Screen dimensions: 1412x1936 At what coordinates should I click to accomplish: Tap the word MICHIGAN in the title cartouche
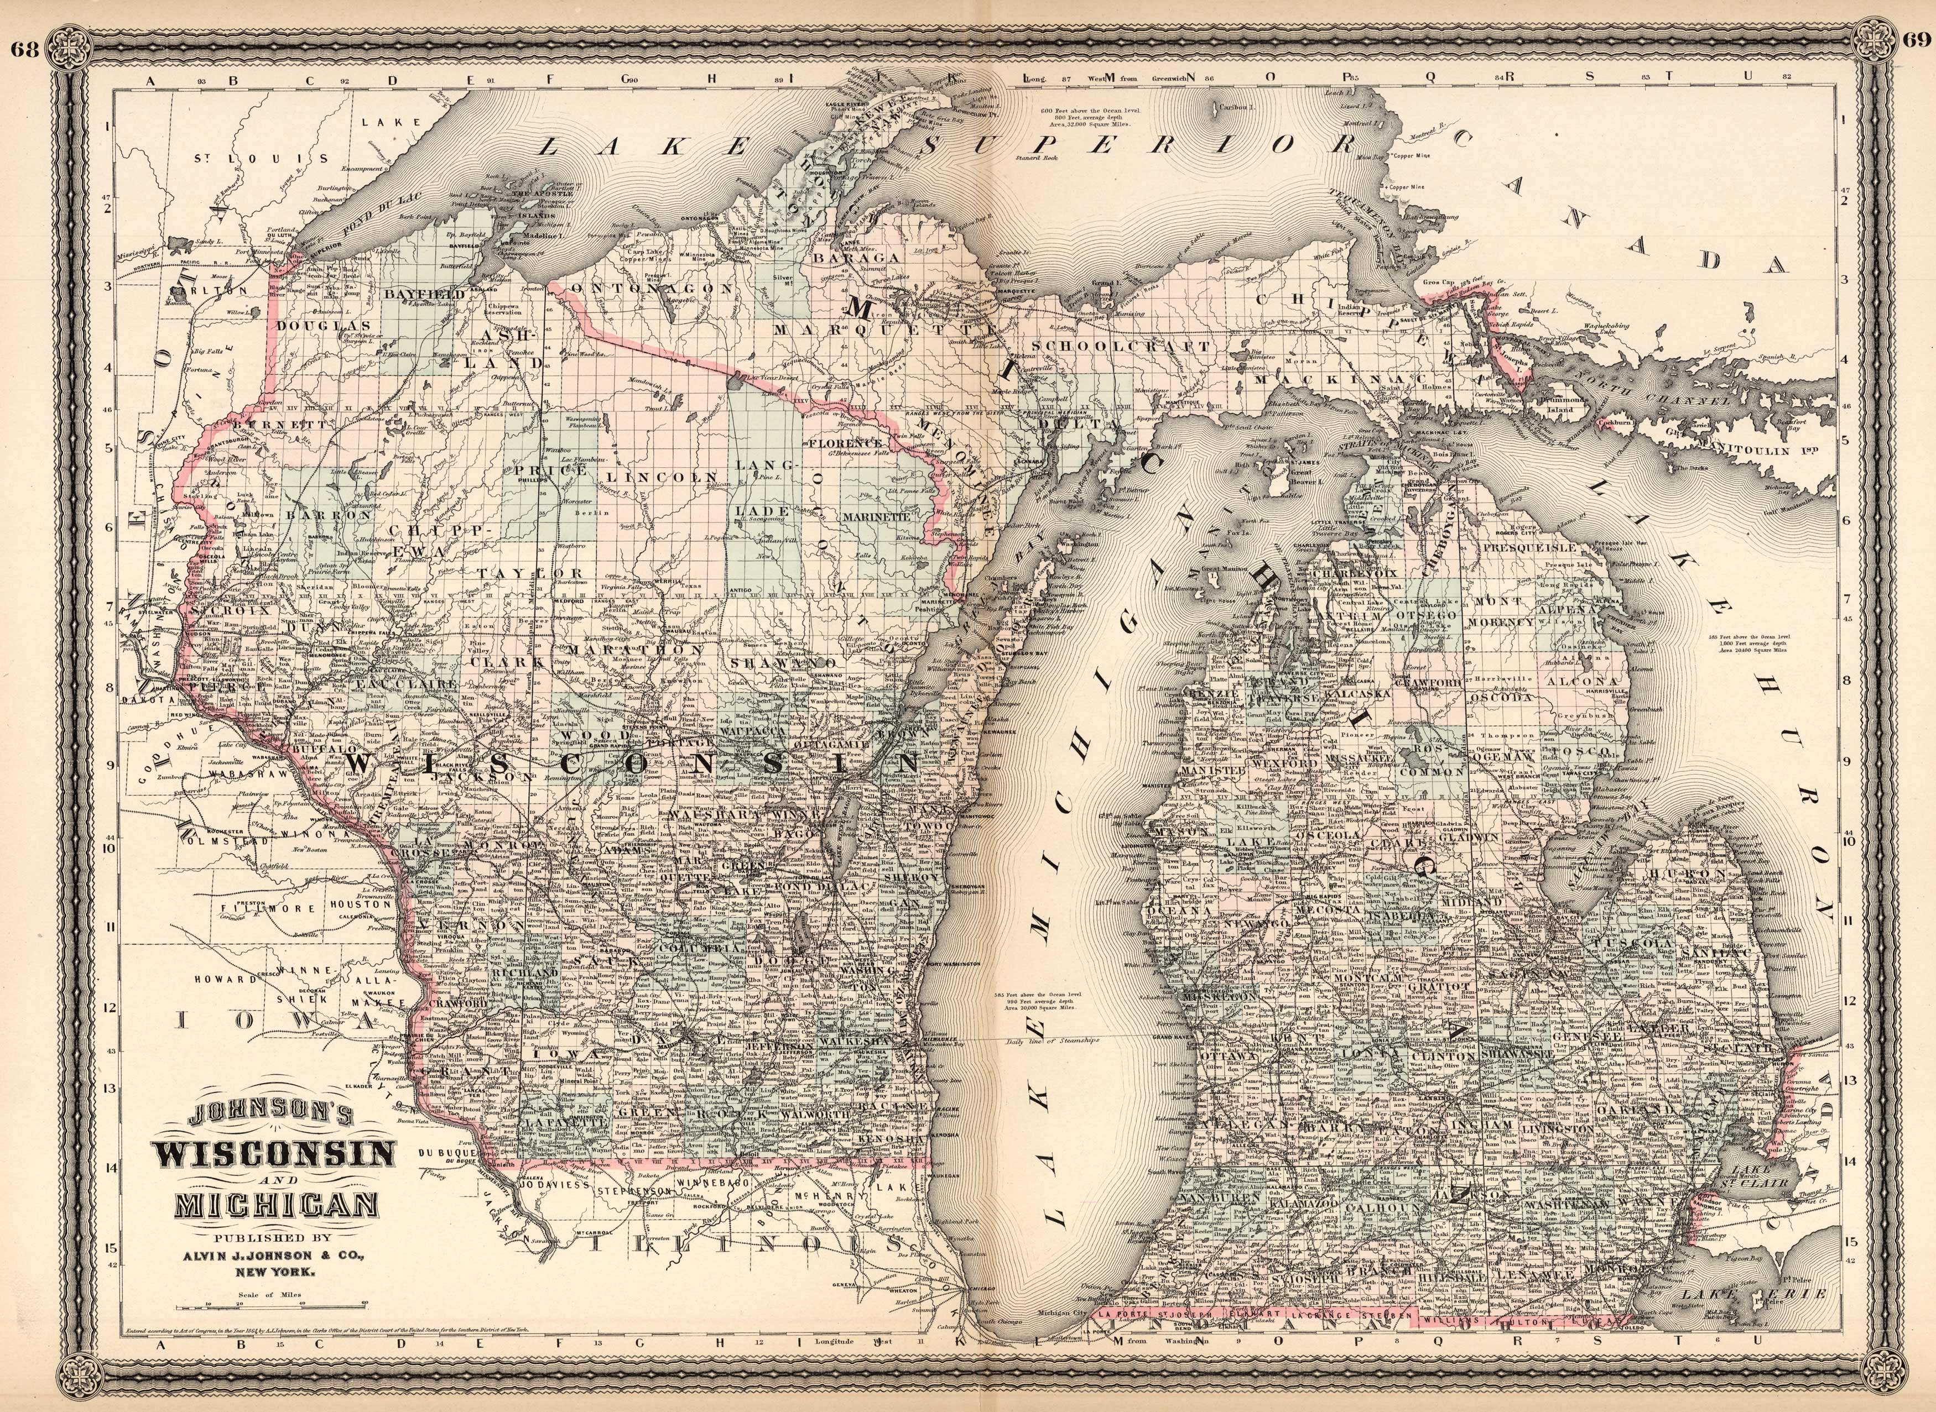(x=275, y=1207)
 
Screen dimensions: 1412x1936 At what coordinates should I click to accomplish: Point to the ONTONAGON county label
(x=653, y=289)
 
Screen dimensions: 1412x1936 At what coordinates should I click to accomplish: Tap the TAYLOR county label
(x=531, y=573)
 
